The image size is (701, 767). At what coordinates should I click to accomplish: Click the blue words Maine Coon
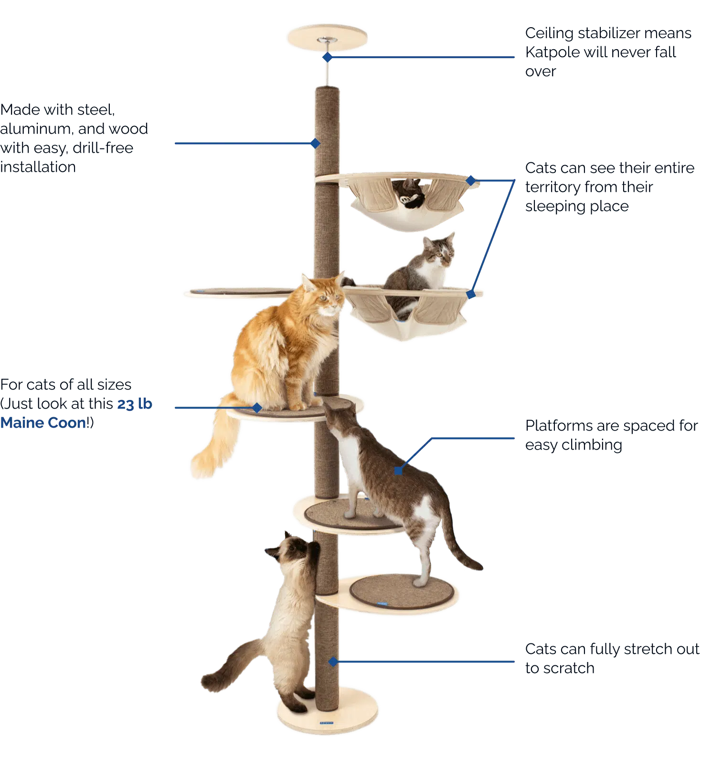point(44,423)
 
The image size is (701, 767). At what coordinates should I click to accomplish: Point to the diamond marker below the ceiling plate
point(327,57)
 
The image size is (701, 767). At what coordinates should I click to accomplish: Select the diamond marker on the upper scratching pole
point(315,143)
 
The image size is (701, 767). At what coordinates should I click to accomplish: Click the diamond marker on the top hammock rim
point(471,180)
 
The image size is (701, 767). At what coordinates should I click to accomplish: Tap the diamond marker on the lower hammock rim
point(471,294)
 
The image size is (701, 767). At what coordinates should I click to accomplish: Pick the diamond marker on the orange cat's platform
point(257,407)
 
